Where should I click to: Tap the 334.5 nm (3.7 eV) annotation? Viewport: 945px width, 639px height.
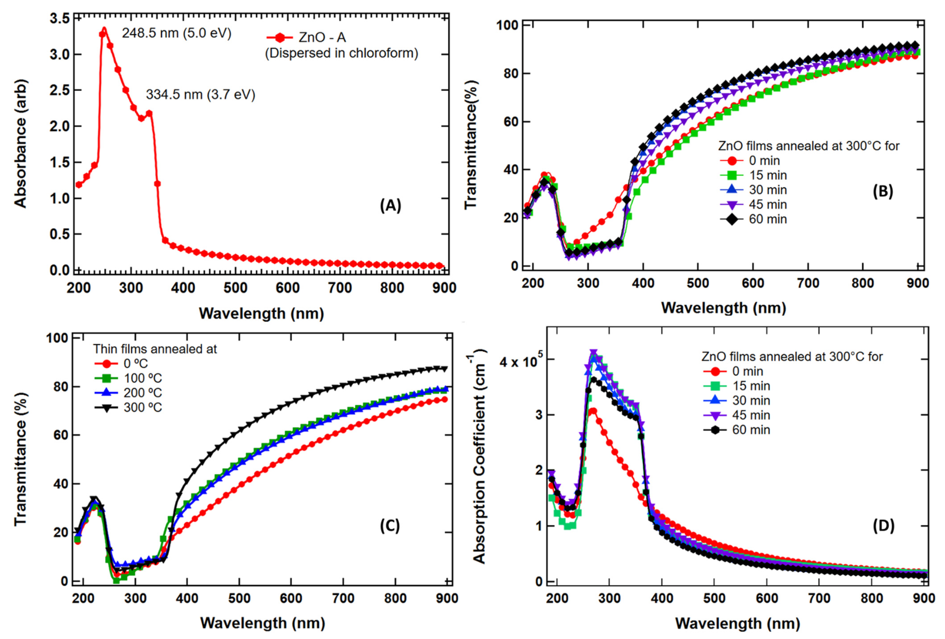coord(200,95)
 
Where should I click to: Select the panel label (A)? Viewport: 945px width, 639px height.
coord(390,206)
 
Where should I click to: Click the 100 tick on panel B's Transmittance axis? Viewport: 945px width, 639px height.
coord(507,25)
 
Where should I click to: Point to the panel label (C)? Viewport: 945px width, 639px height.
coord(390,526)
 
